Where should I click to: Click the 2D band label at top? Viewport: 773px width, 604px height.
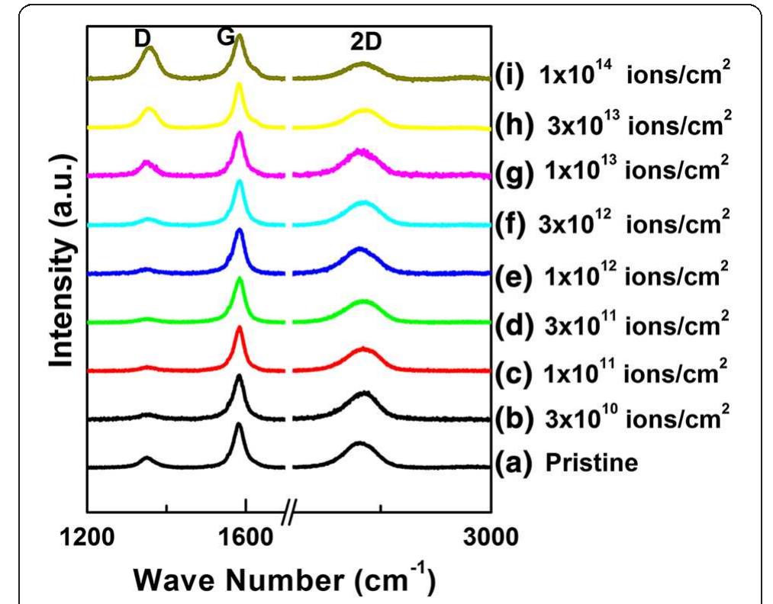366,44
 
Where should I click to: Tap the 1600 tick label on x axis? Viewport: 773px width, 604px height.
246,538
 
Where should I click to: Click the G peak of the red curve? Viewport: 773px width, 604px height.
239,329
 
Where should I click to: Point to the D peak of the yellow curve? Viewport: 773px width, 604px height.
150,109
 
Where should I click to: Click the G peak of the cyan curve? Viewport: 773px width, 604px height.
239,182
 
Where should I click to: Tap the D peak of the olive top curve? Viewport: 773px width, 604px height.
150,49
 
